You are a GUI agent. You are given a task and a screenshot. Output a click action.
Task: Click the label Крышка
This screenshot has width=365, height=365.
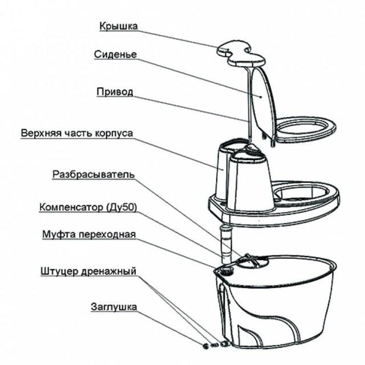[118, 27]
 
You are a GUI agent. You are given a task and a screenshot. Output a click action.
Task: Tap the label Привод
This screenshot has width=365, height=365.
[115, 91]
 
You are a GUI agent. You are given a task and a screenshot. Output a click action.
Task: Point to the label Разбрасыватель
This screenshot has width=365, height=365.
[94, 174]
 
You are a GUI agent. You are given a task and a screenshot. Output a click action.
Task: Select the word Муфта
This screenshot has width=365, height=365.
[58, 234]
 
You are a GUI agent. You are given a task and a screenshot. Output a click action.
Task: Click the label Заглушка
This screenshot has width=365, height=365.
[113, 307]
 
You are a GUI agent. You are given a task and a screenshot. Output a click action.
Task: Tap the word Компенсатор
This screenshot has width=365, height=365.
[69, 206]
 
